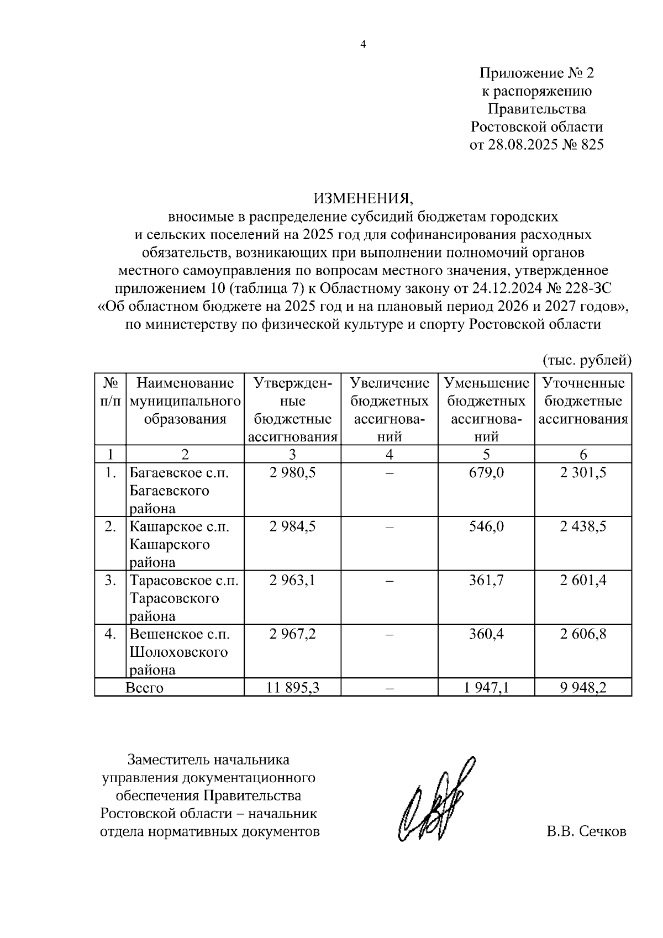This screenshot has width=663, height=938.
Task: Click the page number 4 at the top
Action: (363, 45)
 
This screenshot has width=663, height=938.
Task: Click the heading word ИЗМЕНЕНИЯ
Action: (363, 198)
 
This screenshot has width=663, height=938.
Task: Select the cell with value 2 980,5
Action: (292, 473)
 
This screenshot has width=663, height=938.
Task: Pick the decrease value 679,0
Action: (486, 473)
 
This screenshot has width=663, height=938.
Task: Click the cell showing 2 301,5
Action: (583, 473)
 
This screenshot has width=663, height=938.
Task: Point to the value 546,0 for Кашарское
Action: (486, 526)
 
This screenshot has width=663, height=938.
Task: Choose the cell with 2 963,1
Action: (292, 581)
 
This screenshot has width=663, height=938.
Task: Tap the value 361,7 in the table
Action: (486, 581)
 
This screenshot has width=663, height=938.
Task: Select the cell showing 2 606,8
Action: (583, 634)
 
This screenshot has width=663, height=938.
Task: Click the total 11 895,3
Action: (292, 688)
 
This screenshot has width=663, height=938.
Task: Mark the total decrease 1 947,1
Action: (486, 688)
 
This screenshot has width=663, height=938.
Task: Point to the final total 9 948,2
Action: (583, 688)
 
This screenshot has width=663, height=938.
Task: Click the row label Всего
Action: (145, 688)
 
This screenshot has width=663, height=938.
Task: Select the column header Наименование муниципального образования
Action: (185, 401)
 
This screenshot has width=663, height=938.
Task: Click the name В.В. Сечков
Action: (586, 831)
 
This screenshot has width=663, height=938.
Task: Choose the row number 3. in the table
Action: (110, 581)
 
